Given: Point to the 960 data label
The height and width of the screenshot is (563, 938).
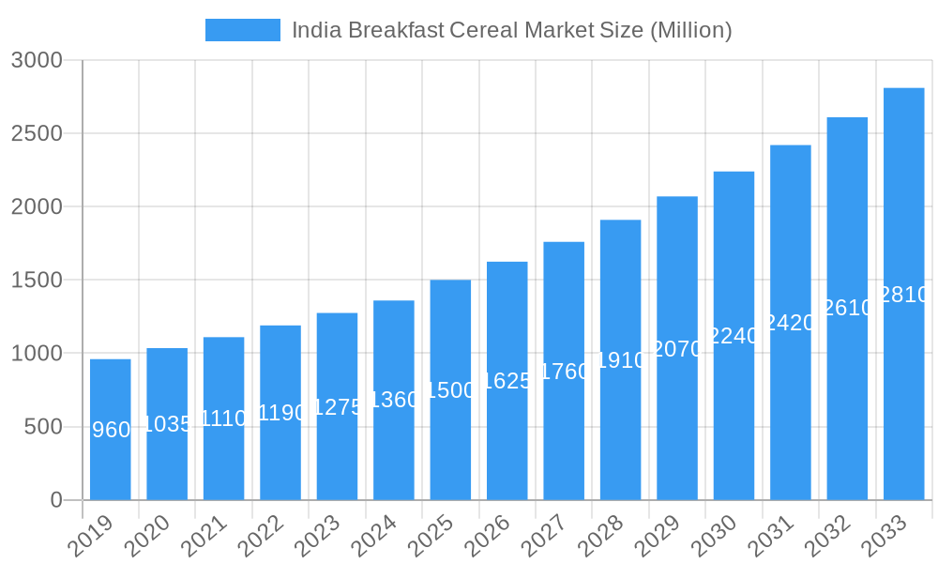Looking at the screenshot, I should click(112, 430).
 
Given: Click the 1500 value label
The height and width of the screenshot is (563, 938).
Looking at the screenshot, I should click(450, 390).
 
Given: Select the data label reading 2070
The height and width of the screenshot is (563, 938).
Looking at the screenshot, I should click(677, 349).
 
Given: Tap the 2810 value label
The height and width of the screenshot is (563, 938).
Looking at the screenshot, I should click(904, 295).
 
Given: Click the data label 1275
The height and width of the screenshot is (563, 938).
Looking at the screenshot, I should click(337, 407).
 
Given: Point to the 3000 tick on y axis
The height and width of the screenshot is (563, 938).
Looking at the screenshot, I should click(37, 60).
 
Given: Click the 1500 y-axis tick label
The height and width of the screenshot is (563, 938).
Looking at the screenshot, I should click(37, 280).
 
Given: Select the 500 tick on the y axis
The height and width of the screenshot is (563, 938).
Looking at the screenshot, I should click(43, 427).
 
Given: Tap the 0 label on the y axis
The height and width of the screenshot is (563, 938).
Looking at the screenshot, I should click(56, 500).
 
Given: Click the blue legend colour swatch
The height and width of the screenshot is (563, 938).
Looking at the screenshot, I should click(242, 30).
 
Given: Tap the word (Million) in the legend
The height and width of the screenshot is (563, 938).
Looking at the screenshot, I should click(689, 30).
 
